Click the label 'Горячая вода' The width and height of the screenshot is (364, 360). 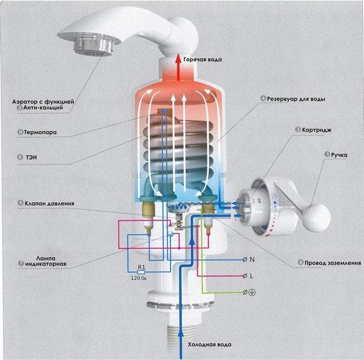pyautogui.click(x=203, y=59)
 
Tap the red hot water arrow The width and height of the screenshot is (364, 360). pyautogui.click(x=178, y=67)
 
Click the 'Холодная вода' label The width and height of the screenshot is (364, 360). pyautogui.click(x=209, y=344)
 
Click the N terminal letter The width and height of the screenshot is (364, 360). pyautogui.click(x=252, y=259)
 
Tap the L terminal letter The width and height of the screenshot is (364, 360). pyautogui.click(x=251, y=276)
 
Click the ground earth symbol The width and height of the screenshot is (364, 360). pyautogui.click(x=252, y=293)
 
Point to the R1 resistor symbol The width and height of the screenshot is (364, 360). pyautogui.click(x=141, y=272)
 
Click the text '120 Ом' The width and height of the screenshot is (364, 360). pyautogui.click(x=138, y=278)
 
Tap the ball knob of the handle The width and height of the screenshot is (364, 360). pyautogui.click(x=317, y=218)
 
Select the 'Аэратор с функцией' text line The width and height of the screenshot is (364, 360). pyautogui.click(x=43, y=102)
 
